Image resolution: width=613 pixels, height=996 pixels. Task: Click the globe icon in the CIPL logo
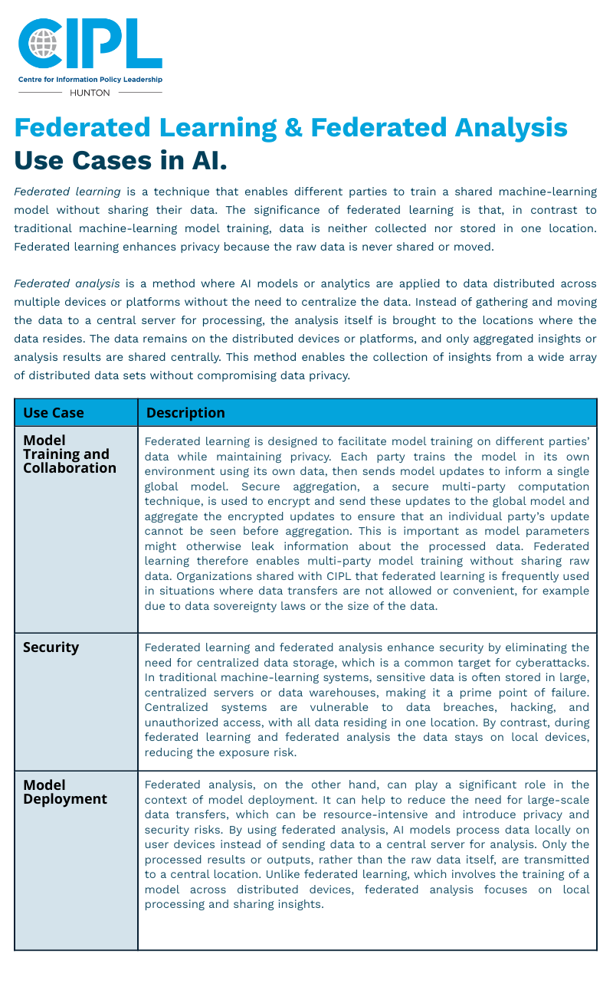tap(43, 44)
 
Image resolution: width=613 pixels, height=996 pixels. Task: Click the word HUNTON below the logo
tap(90, 93)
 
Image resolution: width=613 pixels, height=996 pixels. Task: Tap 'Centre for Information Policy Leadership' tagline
tap(90, 80)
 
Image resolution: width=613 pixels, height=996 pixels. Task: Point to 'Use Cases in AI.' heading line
tap(120, 161)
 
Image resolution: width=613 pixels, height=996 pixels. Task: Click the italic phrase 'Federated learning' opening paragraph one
tap(67, 192)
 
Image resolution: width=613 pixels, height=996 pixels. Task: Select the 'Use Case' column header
tap(54, 413)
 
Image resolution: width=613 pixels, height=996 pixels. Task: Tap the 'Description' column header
tap(185, 413)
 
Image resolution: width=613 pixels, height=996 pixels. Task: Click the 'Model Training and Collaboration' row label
tap(69, 454)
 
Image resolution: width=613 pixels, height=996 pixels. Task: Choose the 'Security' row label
tap(51, 647)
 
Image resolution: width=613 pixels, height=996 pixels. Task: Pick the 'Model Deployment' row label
tap(65, 792)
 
